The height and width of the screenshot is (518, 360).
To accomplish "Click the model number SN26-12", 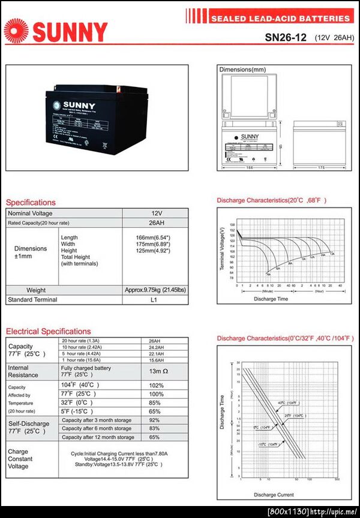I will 286,37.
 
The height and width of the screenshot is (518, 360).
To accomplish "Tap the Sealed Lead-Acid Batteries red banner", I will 280,19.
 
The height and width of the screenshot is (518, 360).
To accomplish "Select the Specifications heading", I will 31,202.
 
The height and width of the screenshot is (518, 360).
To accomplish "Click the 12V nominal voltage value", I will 156,213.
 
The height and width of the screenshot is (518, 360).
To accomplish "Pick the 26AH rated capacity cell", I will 156,223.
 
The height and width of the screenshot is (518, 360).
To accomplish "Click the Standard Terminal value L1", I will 154,300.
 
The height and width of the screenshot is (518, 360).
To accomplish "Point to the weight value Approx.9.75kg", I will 155,290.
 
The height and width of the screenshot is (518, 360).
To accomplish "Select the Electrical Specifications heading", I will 49,331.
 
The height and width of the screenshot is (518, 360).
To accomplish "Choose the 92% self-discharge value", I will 155,420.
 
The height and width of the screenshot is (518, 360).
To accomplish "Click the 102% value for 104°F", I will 156,385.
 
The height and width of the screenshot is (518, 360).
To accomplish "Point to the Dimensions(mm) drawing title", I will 242,70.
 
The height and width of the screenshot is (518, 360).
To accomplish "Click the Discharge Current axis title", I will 273,495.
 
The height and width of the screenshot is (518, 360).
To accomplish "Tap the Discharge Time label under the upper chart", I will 271,299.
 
